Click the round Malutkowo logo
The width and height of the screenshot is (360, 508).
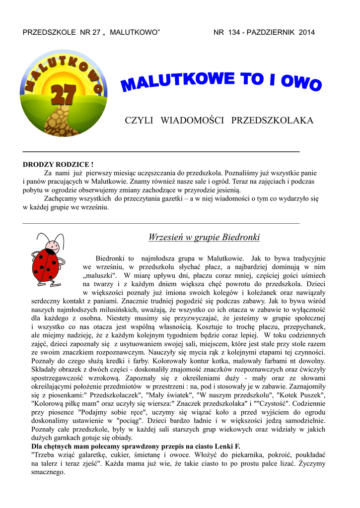(63, 93)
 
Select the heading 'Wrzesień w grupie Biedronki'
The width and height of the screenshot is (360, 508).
(204, 238)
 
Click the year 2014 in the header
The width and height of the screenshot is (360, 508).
(307, 33)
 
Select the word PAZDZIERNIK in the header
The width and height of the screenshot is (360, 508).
(274, 33)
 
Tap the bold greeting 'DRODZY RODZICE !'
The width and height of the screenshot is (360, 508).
(58, 164)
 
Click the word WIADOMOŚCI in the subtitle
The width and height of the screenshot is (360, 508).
(192, 121)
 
